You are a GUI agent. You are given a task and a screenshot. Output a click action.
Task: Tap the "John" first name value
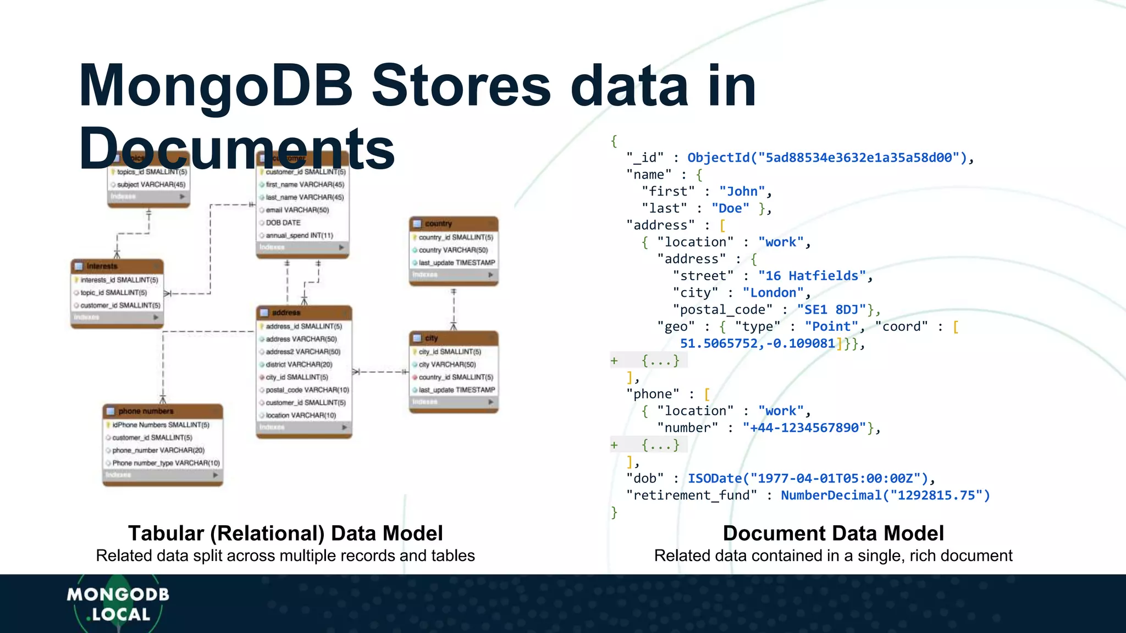[742, 192]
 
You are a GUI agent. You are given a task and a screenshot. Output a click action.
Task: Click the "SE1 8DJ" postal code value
[831, 310]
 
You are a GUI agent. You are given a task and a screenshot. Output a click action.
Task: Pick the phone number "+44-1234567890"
[804, 428]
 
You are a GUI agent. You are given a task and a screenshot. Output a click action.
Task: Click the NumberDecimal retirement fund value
[885, 496]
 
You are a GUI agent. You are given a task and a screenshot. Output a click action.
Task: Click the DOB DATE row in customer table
[283, 223]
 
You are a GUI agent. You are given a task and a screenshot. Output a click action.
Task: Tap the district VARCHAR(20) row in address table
[299, 364]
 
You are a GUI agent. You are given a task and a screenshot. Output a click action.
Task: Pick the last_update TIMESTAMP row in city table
[456, 390]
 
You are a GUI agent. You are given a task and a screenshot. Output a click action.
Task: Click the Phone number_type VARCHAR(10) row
[165, 463]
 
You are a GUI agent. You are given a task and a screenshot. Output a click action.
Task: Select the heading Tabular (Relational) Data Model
[285, 534]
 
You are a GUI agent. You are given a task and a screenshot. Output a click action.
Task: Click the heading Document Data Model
[833, 534]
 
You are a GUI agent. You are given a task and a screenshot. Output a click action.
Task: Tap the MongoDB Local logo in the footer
[118, 604]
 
